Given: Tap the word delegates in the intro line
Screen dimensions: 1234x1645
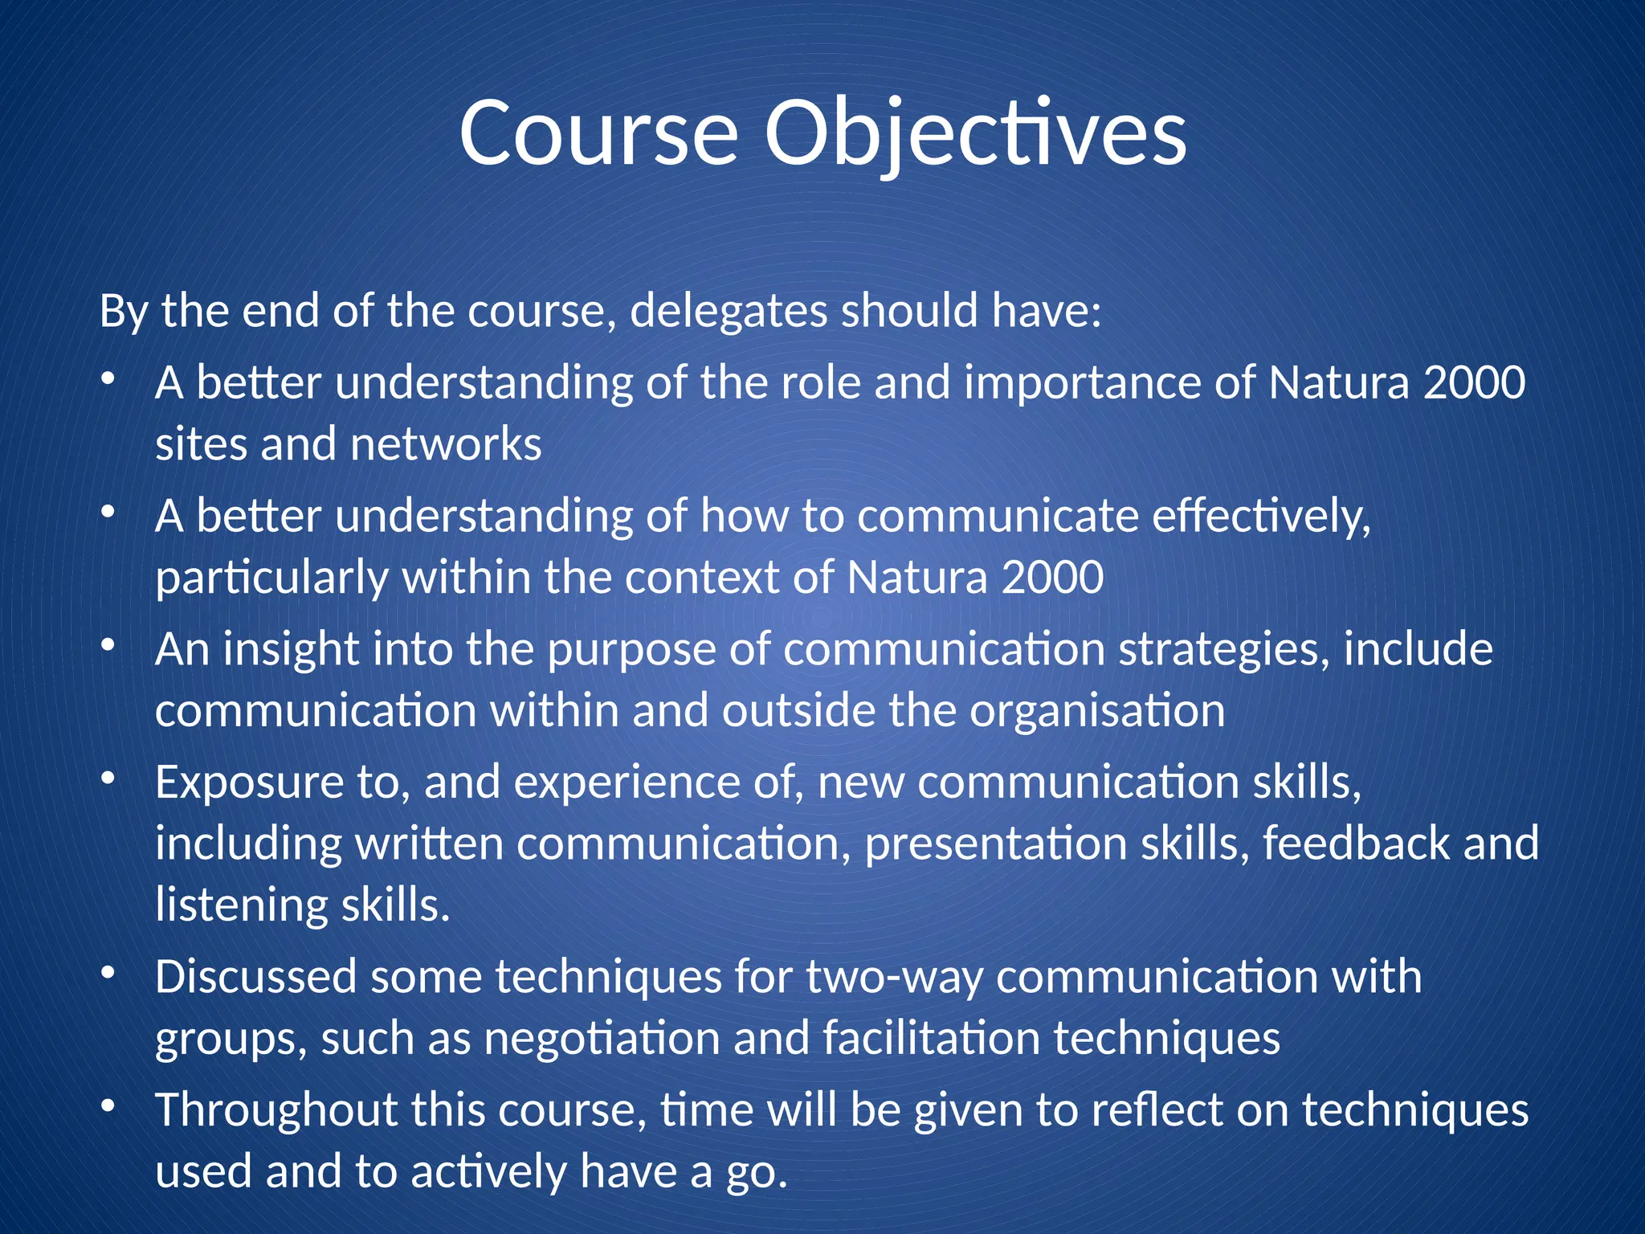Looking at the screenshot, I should click(729, 312).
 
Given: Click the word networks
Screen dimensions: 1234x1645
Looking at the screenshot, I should click(446, 444).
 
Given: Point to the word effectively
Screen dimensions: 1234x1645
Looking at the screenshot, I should click(1261, 516).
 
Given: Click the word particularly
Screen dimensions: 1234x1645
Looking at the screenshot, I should click(271, 578).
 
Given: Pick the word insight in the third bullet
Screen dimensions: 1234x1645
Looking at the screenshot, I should click(290, 649).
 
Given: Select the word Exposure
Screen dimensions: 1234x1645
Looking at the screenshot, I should click(249, 782).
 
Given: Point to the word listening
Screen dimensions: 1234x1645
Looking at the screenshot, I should click(241, 906).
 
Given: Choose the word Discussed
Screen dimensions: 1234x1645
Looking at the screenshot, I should click(255, 978).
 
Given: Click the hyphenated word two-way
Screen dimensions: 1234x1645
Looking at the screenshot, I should click(894, 978).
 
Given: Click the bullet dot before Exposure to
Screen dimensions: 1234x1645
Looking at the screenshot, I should click(108, 778).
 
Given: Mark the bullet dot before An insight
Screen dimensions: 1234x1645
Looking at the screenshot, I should click(108, 645).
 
